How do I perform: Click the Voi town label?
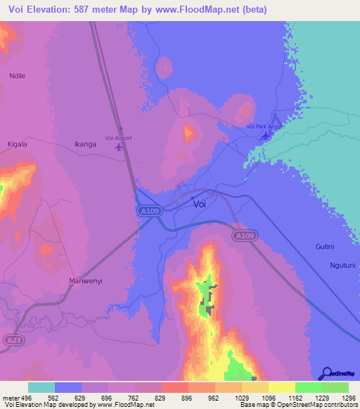(x=200, y=204)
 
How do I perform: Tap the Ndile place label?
(x=17, y=75)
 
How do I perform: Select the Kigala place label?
(x=18, y=144)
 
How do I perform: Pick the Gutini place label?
(x=324, y=247)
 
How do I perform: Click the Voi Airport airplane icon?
(x=118, y=148)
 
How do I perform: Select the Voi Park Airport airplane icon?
(x=265, y=135)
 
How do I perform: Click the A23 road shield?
(x=11, y=340)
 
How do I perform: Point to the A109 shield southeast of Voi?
(x=243, y=236)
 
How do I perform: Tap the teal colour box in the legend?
(x=41, y=387)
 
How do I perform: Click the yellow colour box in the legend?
(x=282, y=387)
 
